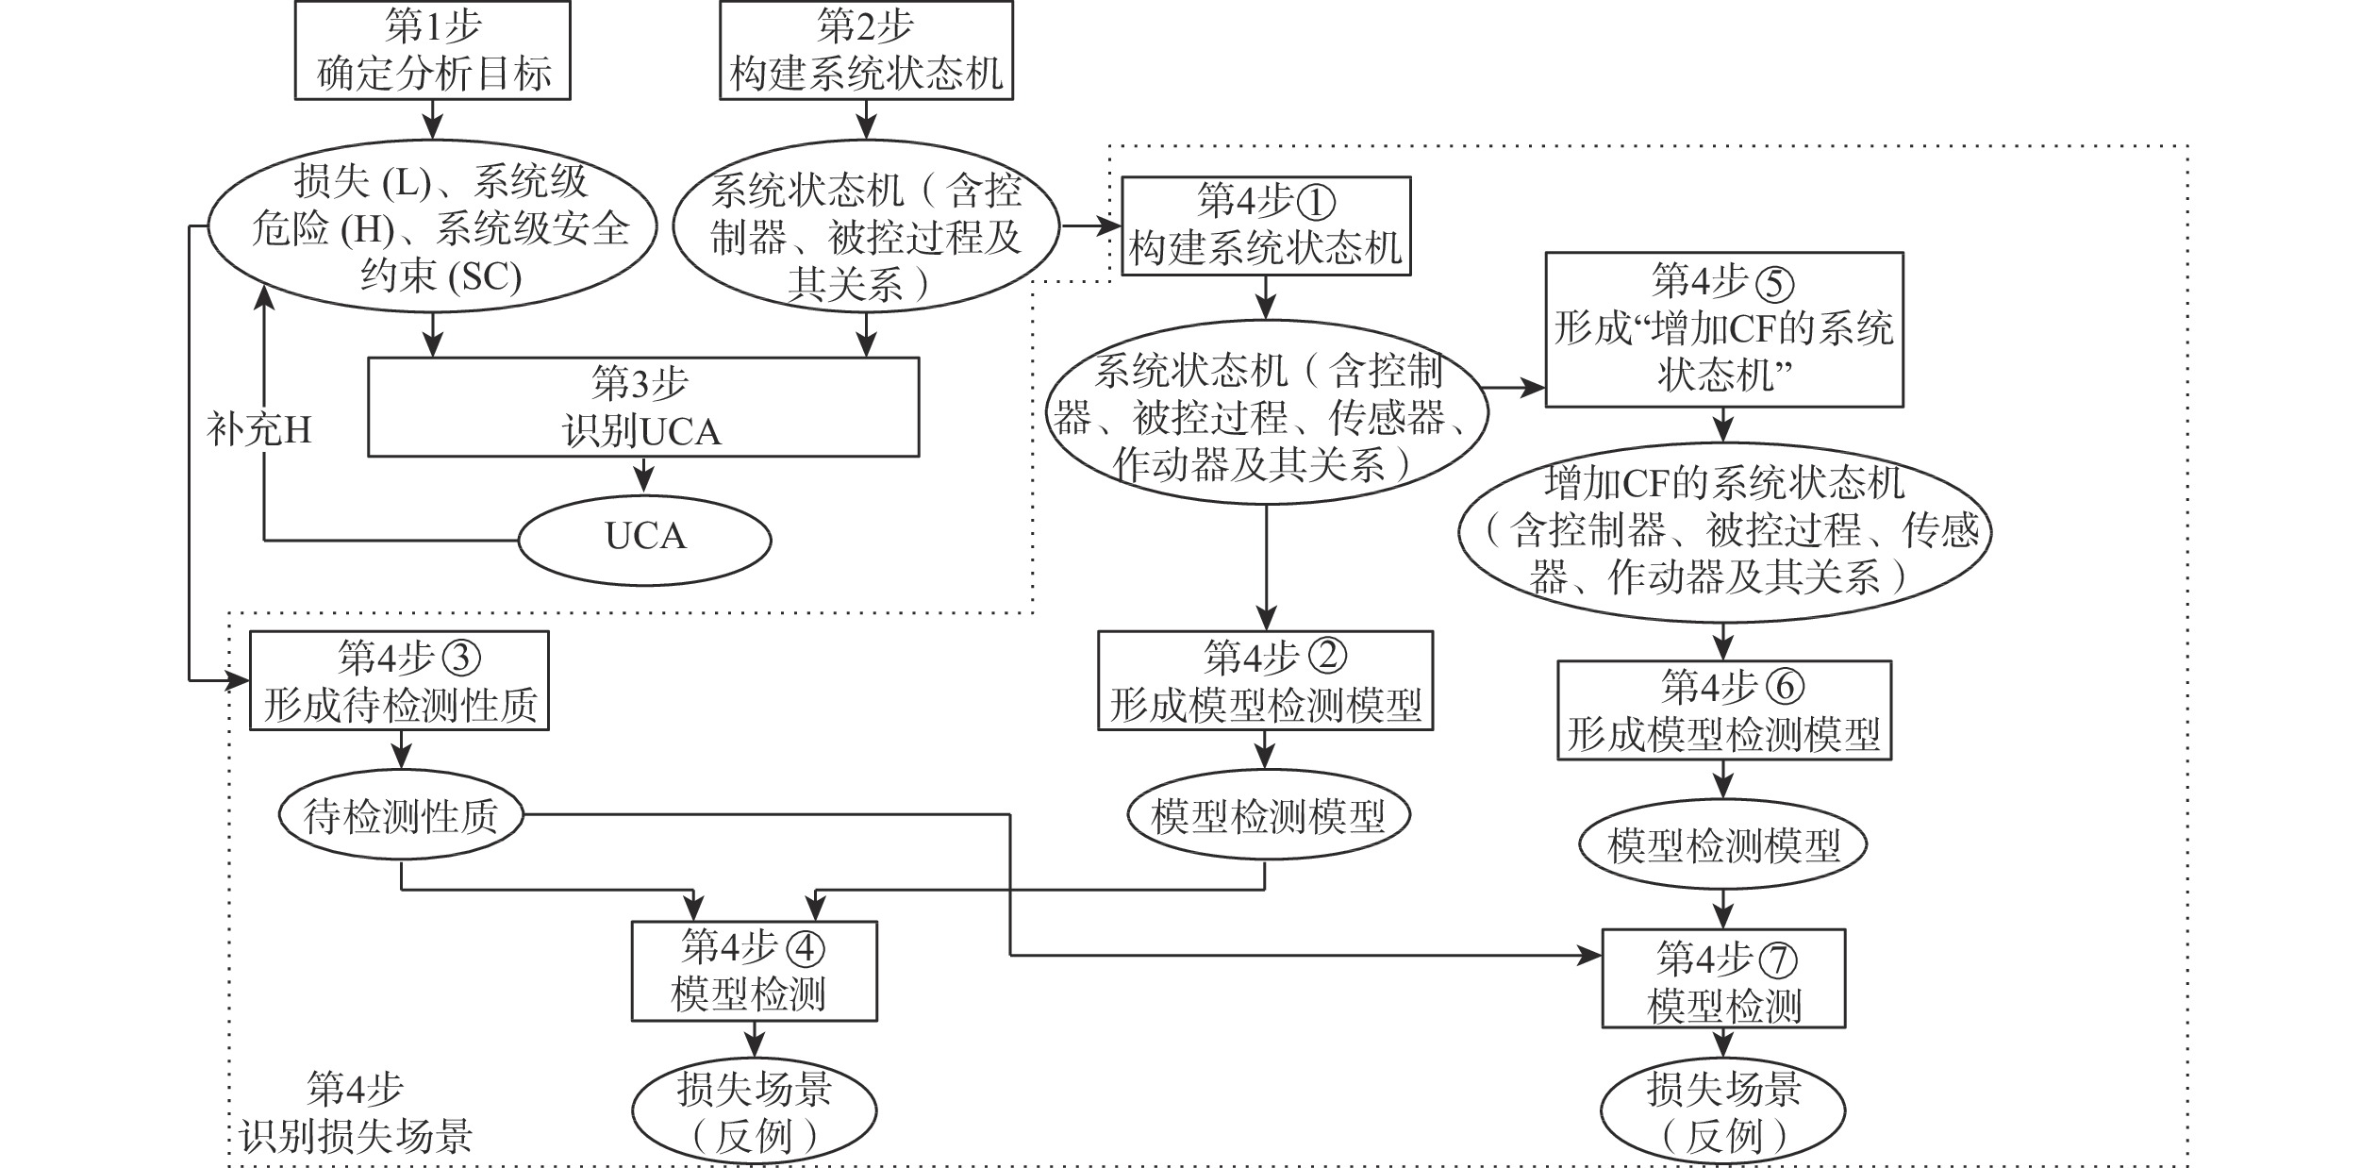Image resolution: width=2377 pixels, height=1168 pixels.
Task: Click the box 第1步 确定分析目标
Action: click(432, 50)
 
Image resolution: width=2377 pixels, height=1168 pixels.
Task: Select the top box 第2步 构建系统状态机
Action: click(866, 50)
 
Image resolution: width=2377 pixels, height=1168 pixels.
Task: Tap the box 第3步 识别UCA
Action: click(642, 407)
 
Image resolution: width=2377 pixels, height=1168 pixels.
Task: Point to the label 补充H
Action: click(259, 430)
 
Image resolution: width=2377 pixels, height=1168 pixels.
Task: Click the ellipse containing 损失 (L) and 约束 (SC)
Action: click(432, 227)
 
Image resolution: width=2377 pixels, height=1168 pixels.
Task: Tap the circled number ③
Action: click(462, 658)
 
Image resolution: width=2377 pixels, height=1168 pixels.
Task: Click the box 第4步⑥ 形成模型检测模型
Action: click(1723, 709)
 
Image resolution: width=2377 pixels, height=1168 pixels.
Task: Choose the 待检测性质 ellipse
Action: click(401, 815)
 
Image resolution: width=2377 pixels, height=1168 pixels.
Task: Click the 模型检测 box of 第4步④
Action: click(754, 971)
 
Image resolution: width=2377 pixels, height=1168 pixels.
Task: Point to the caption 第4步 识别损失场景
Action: click(356, 1114)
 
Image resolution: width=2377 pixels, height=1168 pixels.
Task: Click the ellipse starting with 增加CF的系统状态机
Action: click(1723, 531)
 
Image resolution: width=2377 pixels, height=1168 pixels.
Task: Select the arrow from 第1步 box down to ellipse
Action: click(432, 120)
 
